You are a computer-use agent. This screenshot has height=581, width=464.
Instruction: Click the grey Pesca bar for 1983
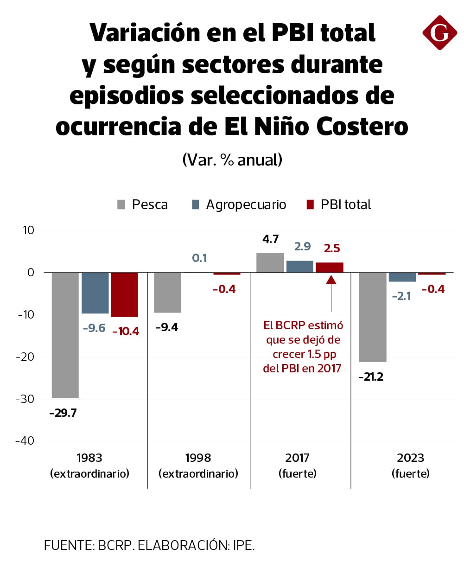(x=65, y=335)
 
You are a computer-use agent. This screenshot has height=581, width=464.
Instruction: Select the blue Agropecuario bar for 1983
(x=95, y=293)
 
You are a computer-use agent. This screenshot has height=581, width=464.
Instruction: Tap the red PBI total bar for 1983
(x=124, y=295)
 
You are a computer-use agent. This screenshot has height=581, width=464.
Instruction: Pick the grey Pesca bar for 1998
(x=167, y=293)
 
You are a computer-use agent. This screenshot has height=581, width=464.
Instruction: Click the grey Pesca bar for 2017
(x=270, y=263)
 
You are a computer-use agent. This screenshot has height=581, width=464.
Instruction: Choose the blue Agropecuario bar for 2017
(x=300, y=267)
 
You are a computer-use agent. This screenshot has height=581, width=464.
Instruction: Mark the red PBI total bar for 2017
(x=330, y=268)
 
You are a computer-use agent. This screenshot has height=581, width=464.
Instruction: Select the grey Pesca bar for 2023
(x=373, y=317)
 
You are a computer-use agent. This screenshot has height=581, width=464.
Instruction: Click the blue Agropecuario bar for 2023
(x=402, y=277)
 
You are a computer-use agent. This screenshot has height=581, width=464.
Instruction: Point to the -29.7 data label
(x=63, y=413)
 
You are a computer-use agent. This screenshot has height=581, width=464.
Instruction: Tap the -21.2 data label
(x=371, y=377)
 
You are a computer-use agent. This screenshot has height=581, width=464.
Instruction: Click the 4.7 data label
(x=270, y=239)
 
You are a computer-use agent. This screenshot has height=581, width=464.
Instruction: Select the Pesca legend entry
(x=142, y=204)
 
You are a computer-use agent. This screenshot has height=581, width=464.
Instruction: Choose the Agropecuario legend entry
(x=239, y=204)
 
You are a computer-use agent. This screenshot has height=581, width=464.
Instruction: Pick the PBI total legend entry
(x=339, y=204)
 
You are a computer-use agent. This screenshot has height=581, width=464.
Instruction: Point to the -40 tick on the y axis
(x=25, y=441)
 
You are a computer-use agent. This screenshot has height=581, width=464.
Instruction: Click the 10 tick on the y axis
(x=28, y=230)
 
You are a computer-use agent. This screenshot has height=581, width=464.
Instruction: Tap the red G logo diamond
(x=439, y=32)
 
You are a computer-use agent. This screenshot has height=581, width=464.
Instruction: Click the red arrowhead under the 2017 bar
(x=331, y=279)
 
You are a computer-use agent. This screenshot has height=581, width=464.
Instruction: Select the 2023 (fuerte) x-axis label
(x=410, y=466)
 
